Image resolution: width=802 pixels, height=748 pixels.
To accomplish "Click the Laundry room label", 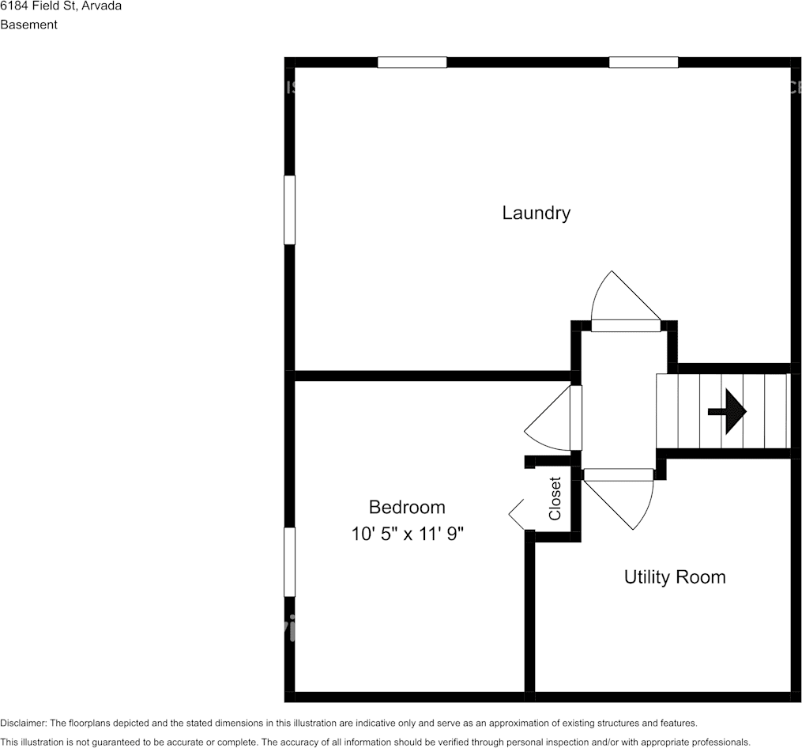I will click(536, 213).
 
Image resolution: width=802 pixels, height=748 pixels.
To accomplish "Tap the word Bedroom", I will click(407, 507).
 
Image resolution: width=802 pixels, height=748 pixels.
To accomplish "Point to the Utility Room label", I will click(675, 576).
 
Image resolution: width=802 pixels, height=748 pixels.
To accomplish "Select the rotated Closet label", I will click(555, 498).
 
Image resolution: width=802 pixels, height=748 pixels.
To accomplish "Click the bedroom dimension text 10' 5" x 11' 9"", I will click(407, 534).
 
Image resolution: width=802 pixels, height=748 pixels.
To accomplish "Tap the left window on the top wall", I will click(412, 62).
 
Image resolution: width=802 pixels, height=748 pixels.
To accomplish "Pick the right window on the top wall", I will click(643, 62).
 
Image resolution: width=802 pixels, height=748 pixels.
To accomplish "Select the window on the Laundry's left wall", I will click(289, 210).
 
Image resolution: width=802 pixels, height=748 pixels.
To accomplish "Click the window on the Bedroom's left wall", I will click(289, 561).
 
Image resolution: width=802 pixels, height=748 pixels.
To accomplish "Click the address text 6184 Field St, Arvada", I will click(61, 6).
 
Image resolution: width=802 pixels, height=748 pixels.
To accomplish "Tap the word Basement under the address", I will click(29, 25).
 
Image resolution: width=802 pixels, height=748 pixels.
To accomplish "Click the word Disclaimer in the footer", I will click(23, 723).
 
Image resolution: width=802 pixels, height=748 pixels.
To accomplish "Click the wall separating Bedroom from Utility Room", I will click(529, 617).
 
